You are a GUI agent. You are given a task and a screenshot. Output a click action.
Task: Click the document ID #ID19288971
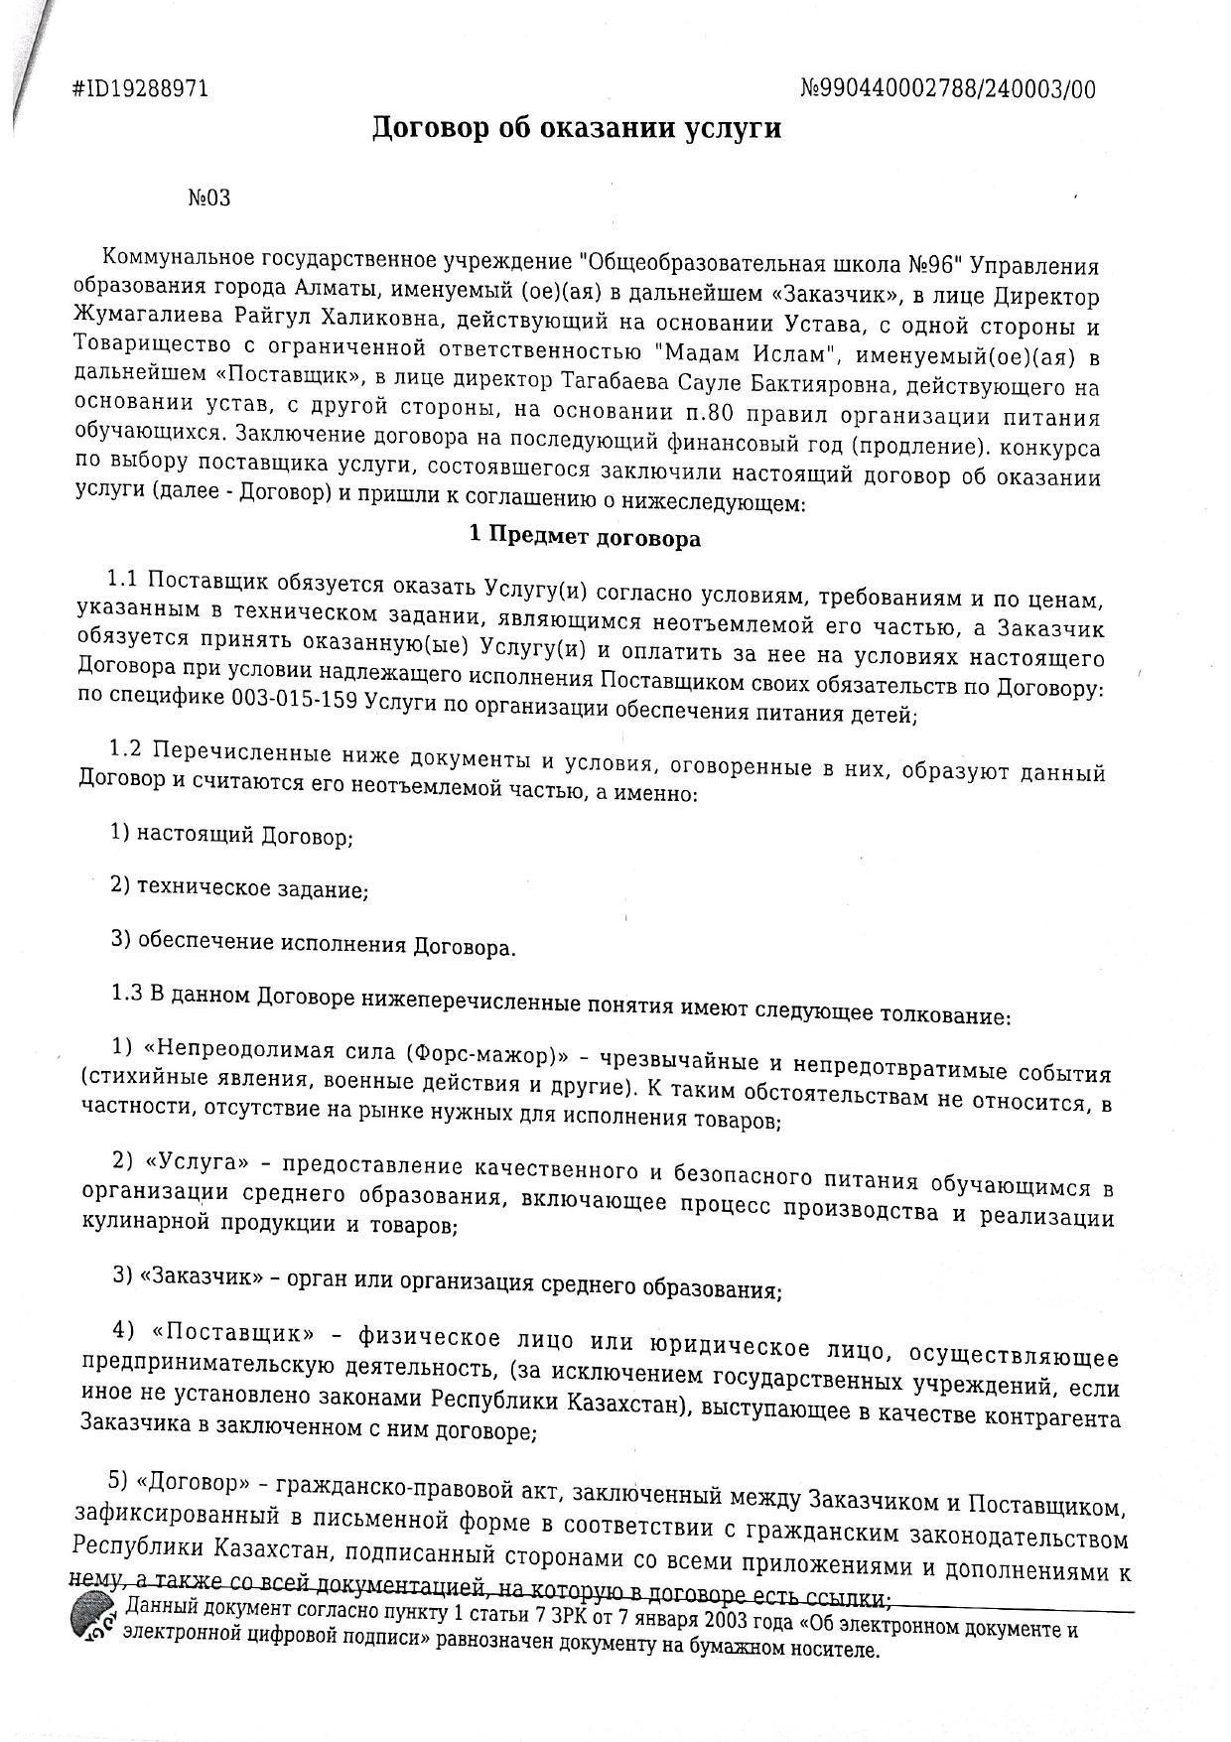(x=141, y=89)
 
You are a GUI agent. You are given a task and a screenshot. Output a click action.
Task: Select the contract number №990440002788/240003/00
(x=948, y=90)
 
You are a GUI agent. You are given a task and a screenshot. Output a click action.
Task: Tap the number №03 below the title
(x=209, y=198)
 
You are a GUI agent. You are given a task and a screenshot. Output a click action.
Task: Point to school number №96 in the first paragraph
(x=931, y=265)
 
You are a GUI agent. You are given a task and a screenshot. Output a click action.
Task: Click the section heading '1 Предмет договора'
(x=585, y=539)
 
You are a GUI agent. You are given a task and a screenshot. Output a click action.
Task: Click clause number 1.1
(x=126, y=579)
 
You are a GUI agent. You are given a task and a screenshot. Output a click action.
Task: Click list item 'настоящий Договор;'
(x=244, y=836)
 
